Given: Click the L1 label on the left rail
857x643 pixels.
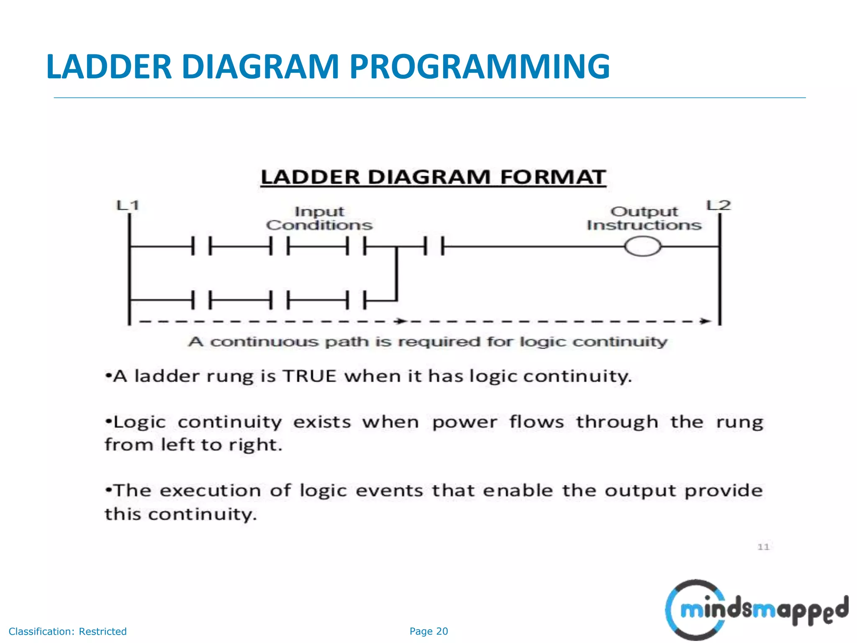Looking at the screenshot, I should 128,206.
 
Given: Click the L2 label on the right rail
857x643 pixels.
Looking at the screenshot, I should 718,206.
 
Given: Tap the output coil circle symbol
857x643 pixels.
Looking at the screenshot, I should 643,246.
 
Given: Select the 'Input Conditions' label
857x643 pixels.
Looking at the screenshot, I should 319,219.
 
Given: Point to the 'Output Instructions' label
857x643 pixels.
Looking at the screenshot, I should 644,219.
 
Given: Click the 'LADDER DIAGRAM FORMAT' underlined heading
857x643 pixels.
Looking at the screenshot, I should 433,177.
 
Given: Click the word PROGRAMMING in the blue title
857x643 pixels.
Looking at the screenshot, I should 480,67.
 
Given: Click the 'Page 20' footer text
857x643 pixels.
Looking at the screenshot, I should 428,631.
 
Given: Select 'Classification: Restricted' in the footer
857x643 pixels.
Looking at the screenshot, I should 67,631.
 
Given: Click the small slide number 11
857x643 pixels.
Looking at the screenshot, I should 763,547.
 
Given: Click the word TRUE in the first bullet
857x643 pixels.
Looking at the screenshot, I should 310,376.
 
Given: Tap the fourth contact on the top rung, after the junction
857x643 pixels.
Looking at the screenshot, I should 434,246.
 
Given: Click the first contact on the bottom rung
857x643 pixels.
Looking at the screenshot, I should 201,300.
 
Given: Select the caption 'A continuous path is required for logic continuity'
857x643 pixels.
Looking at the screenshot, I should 428,342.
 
